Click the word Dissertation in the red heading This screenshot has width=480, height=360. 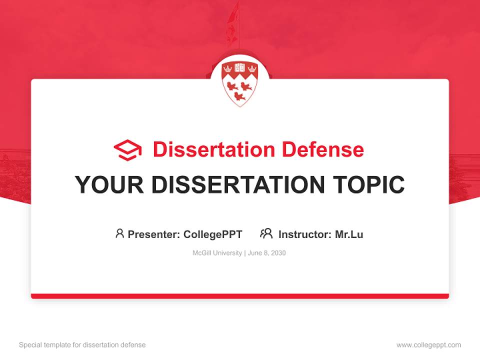[214, 149]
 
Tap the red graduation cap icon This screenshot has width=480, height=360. [127, 149]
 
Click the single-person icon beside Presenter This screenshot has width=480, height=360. [119, 233]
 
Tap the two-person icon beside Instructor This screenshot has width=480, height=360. [266, 233]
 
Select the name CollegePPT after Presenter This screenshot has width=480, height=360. [213, 234]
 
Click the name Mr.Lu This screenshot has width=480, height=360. [349, 234]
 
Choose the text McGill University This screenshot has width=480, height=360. [217, 253]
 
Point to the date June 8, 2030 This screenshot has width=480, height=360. [266, 253]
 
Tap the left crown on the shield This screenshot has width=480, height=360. [228, 67]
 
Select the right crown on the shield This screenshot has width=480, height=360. [252, 67]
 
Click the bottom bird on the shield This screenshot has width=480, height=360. [240, 95]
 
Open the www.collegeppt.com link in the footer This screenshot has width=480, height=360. [428, 345]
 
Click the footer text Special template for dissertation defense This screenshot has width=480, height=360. [82, 345]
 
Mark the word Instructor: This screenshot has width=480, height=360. [305, 234]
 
